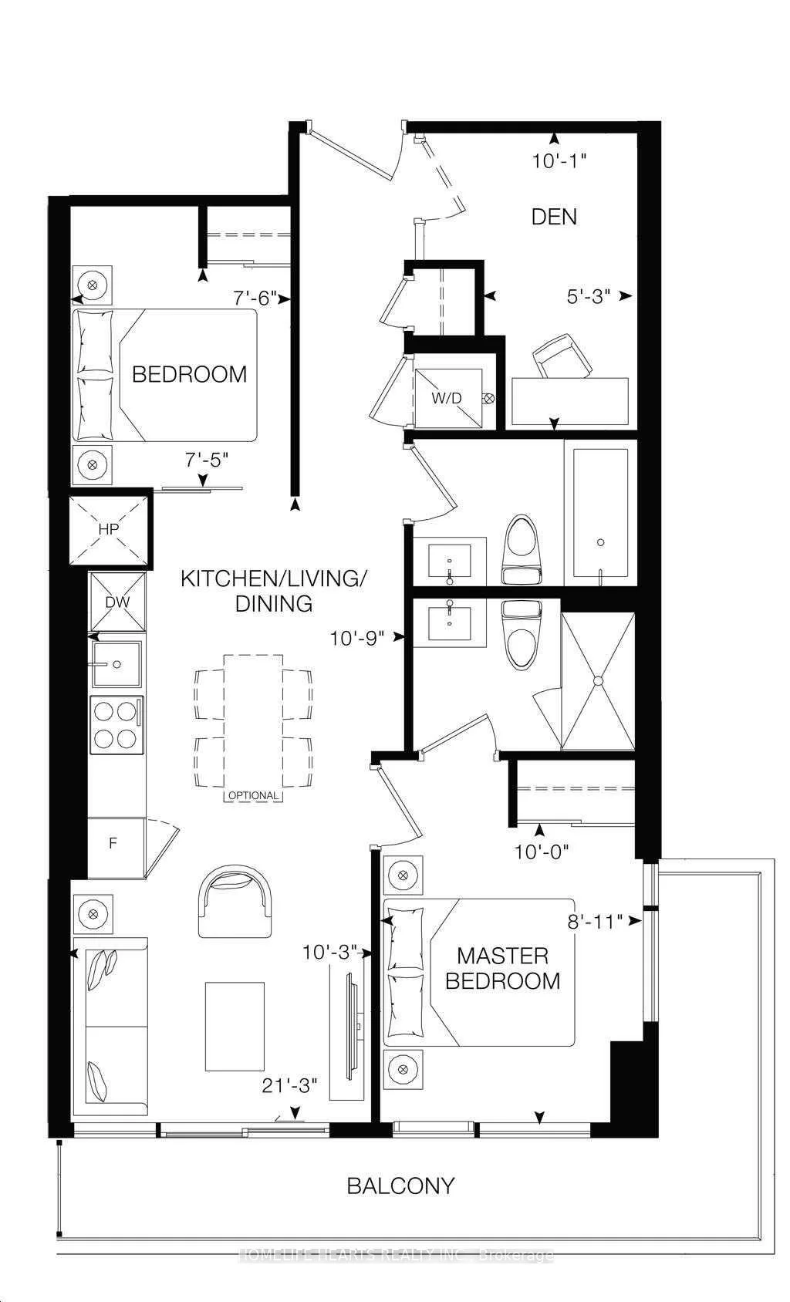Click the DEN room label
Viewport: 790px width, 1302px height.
point(554,217)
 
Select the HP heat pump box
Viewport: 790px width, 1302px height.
point(108,530)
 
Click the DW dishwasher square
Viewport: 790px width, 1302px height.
point(117,602)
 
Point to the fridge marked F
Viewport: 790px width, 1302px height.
point(114,843)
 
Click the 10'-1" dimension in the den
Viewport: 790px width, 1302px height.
point(560,161)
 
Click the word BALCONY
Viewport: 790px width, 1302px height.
point(400,1186)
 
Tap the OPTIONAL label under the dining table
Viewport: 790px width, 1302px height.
point(253,795)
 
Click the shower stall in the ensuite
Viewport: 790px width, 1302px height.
point(599,681)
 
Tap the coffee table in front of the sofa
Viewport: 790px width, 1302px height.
point(235,1026)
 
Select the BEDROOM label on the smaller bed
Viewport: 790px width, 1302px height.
point(189,374)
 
